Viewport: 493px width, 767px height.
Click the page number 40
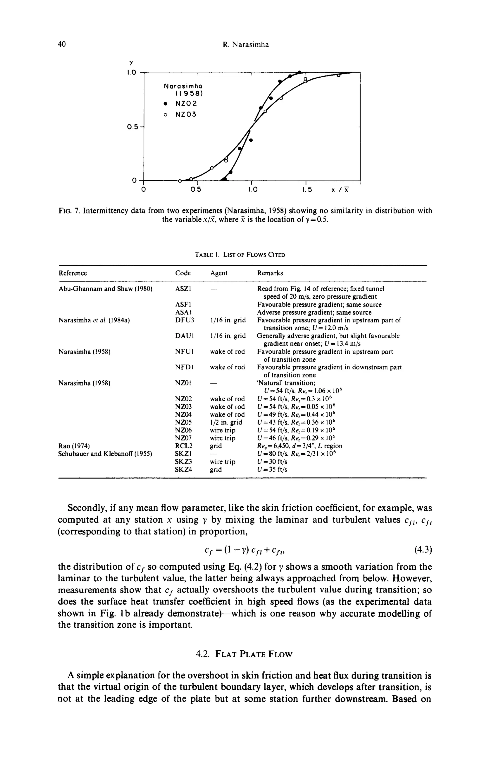(62, 44)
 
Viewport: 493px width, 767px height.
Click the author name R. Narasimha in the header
(246, 45)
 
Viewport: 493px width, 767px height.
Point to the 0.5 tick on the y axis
(132, 127)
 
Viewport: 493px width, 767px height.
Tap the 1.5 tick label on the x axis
(306, 190)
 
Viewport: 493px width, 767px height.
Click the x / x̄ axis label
(340, 190)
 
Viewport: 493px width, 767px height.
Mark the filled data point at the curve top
(299, 72)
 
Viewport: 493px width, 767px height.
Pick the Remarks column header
(270, 273)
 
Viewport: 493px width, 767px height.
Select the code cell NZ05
(183, 422)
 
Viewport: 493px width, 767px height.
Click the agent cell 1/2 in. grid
(226, 422)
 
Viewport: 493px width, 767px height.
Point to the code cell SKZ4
(183, 469)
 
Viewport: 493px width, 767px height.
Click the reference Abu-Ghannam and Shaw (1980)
(105, 289)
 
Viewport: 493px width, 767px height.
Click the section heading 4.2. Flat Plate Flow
(244, 654)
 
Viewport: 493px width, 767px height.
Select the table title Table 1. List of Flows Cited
(240, 255)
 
